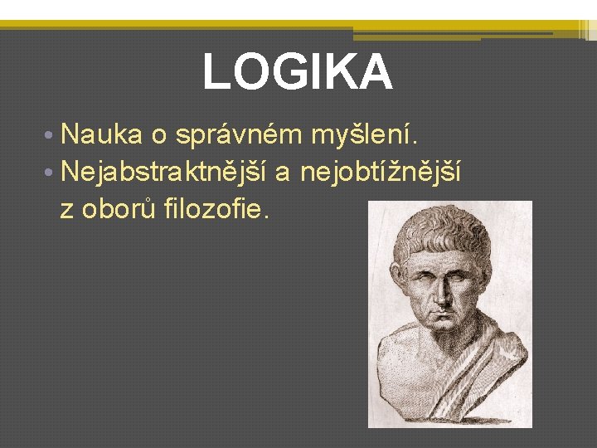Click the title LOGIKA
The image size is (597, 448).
[298, 71]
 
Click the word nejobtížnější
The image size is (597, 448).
[380, 172]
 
